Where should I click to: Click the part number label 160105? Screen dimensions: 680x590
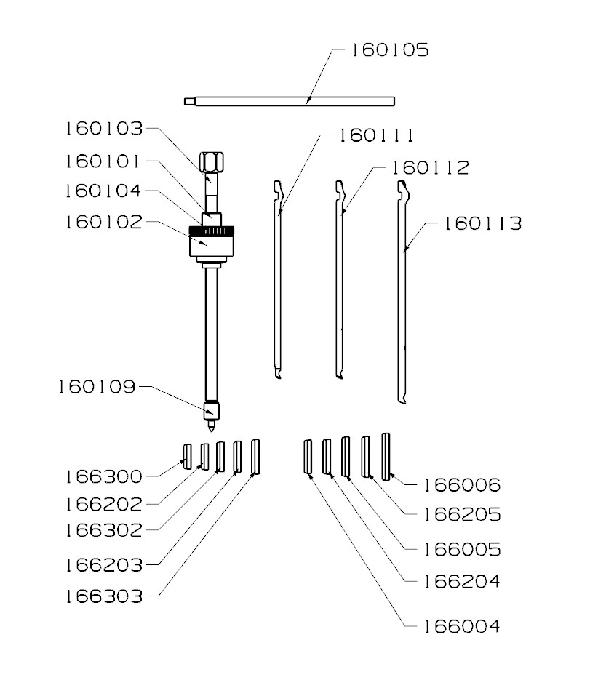tap(391, 50)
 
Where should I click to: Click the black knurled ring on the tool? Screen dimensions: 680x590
tap(212, 231)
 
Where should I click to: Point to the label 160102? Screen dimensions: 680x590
tap(103, 221)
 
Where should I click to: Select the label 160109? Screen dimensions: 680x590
tap(97, 387)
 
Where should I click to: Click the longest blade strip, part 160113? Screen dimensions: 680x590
tap(402, 291)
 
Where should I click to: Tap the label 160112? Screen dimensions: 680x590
tap(431, 168)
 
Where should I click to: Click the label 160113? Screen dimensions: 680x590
tap(483, 224)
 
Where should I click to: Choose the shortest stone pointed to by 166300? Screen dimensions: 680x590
tap(186, 456)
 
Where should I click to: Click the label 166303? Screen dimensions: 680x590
tap(103, 596)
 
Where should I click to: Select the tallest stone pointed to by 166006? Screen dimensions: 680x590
tap(386, 456)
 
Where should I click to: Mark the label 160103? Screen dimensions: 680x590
tap(103, 129)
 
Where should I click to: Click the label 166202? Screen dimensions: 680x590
tap(103, 503)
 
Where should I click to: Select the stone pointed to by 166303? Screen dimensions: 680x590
tap(255, 456)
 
